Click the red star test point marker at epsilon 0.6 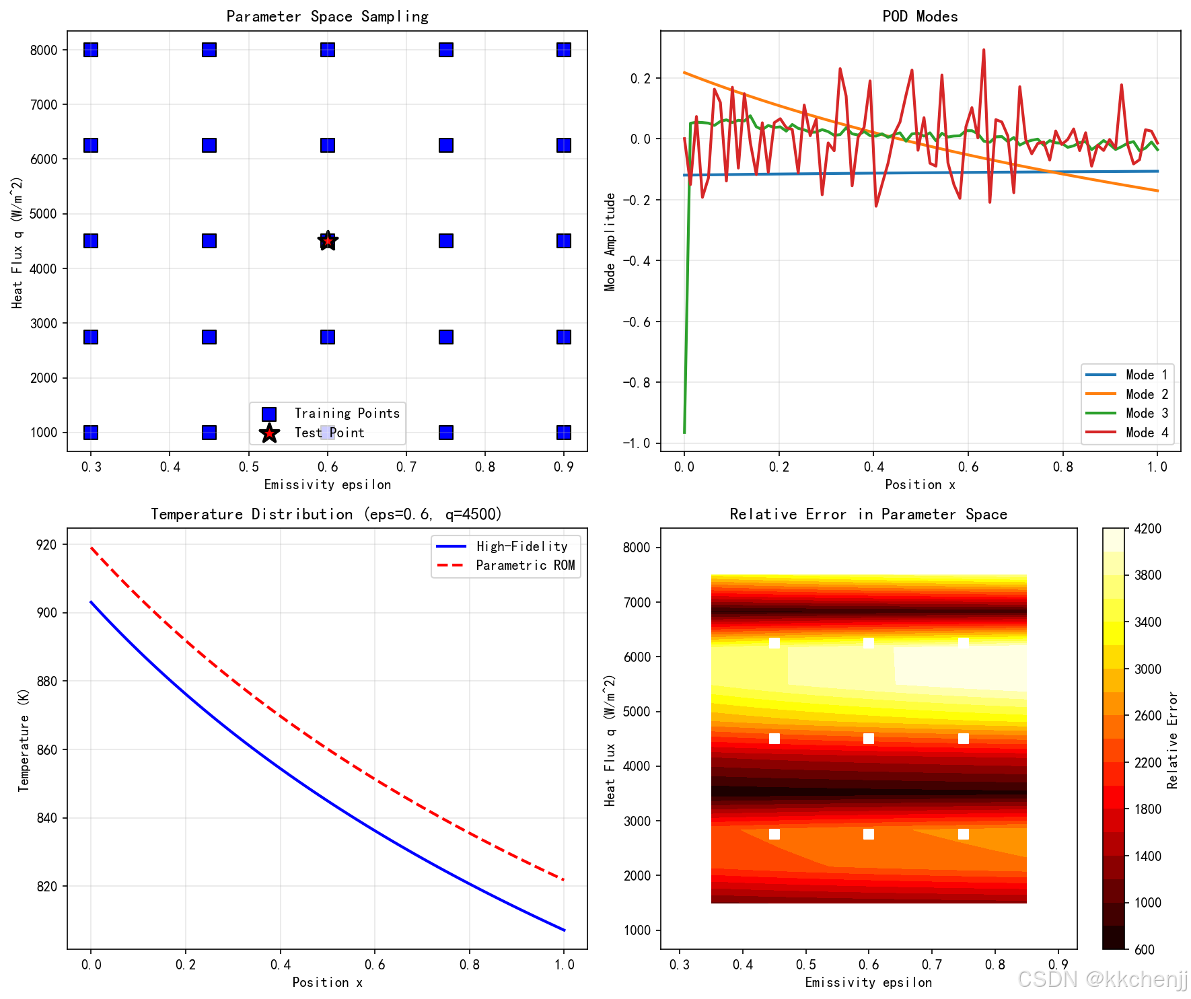pos(328,241)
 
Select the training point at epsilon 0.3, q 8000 pos(91,50)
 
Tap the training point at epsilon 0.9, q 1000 pos(564,433)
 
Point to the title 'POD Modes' pos(921,16)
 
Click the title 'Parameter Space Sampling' pos(328,16)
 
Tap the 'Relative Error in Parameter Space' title pos(869,515)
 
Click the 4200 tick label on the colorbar pos(1147,529)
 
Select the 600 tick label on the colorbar pos(1144,950)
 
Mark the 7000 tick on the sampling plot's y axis pos(44,104)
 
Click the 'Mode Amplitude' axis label pos(610,242)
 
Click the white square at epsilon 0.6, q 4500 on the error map pos(869,739)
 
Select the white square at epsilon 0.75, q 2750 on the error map pos(964,834)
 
